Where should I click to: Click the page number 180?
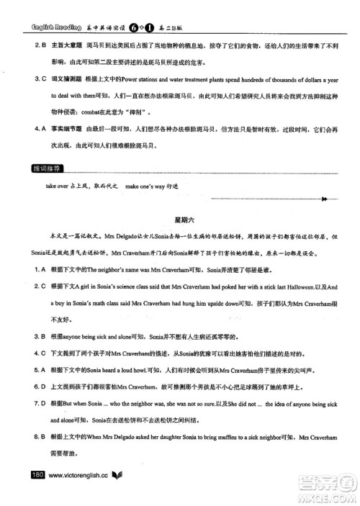click(35, 475)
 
